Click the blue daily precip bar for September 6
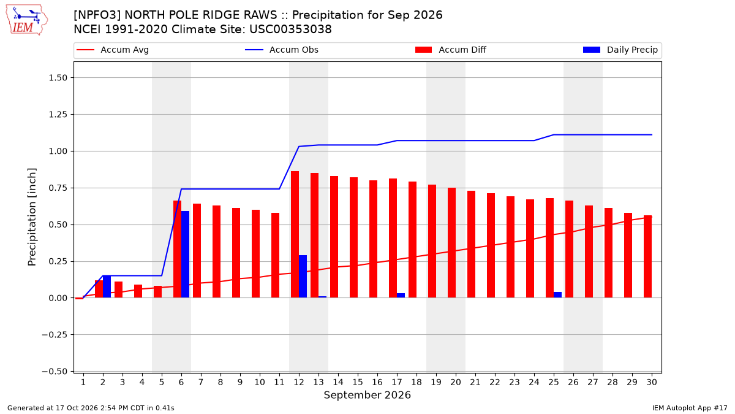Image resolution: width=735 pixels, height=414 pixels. tap(185, 255)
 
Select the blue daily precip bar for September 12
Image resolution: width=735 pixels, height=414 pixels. tap(303, 277)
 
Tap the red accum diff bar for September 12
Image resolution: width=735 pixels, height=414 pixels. tap(295, 234)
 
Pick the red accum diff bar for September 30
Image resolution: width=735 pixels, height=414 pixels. tap(648, 256)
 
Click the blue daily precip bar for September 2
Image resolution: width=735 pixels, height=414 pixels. tap(107, 287)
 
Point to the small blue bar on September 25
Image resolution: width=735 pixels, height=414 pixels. tap(557, 295)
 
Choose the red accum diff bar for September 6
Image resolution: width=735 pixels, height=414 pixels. tap(177, 250)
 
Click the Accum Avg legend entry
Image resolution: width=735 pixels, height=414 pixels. tap(113, 50)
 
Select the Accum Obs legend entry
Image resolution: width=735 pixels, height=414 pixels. tap(282, 50)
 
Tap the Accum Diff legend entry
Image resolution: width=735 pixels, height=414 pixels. tap(451, 50)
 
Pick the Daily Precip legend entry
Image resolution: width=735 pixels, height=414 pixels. tap(620, 50)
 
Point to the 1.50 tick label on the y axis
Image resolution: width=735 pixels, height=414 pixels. tap(58, 78)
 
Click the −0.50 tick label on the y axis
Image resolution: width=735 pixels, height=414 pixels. tap(55, 372)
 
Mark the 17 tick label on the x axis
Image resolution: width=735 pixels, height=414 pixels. tap(397, 382)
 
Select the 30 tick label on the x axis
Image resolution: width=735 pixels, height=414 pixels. tap(652, 382)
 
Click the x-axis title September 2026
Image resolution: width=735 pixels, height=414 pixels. tap(367, 395)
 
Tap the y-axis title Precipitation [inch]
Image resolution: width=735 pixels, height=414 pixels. tap(32, 217)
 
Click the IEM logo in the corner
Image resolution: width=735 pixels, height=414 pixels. tap(27, 20)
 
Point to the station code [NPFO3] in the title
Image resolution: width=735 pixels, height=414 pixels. tap(97, 15)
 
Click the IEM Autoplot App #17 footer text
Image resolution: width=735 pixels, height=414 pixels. tap(690, 408)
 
